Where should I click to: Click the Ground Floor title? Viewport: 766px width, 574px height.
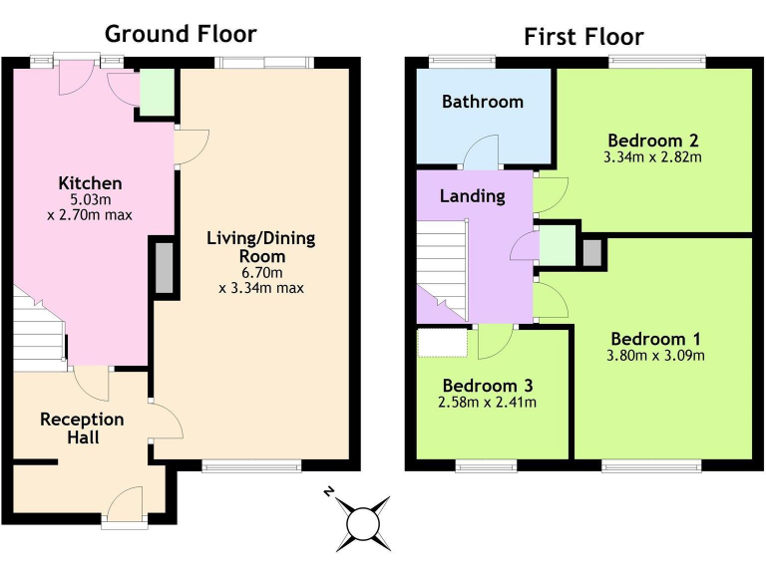(181, 34)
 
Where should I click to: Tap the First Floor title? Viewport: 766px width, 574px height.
(583, 38)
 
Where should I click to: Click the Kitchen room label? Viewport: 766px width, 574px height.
(90, 183)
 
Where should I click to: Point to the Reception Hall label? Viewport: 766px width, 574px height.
(82, 429)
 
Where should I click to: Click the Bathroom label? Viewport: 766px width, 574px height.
(483, 102)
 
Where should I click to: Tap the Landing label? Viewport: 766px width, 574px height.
(472, 196)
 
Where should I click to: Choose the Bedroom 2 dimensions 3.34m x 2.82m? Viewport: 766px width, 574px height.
(652, 157)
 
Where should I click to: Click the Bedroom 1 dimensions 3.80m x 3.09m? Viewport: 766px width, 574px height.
(656, 356)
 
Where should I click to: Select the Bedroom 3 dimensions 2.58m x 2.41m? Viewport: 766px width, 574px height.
(489, 403)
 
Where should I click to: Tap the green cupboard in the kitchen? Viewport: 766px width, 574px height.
(156, 93)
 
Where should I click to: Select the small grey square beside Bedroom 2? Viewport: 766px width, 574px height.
(592, 252)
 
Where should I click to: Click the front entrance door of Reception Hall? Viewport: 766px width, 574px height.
(126, 503)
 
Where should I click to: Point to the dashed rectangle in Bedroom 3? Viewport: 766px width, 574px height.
(442, 342)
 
